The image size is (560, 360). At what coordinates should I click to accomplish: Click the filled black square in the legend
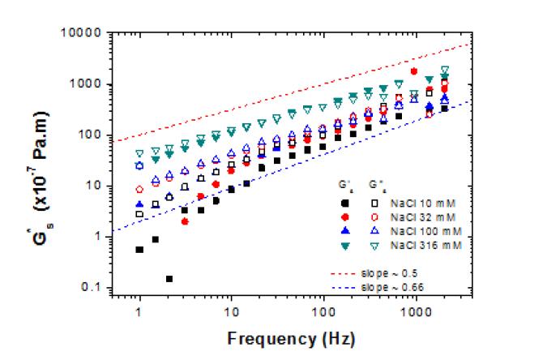coord(345,203)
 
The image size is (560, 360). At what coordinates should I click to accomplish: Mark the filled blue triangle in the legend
coord(345,232)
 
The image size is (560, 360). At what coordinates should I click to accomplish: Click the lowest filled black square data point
coord(169,279)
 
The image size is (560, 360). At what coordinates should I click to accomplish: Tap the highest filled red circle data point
coord(414,71)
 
